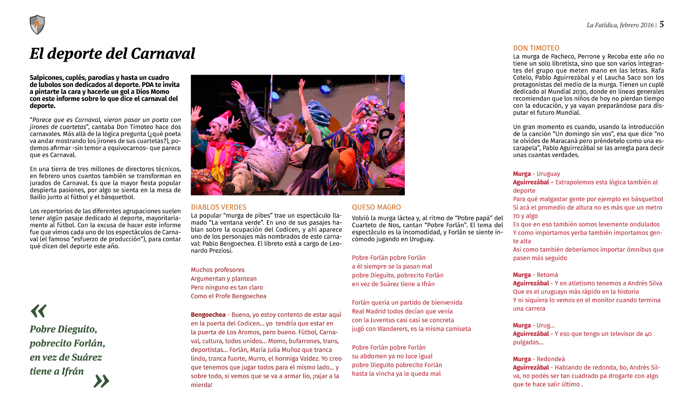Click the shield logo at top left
[37, 25]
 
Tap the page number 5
[661, 24]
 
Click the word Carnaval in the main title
[163, 54]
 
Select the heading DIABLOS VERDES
[219, 207]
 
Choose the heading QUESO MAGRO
[376, 207]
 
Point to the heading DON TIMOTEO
[536, 48]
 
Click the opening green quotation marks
[39, 311]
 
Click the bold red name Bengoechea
[208, 315]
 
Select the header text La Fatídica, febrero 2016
[620, 25]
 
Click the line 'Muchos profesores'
[218, 270]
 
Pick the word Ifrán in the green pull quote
[73, 371]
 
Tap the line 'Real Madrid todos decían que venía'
[402, 311]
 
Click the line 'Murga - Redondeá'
[539, 359]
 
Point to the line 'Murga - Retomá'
[535, 275]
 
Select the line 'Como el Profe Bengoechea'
[229, 296]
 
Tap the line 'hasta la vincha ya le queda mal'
[396, 374]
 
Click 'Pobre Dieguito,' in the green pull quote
[63, 329]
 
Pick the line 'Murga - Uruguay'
[536, 174]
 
